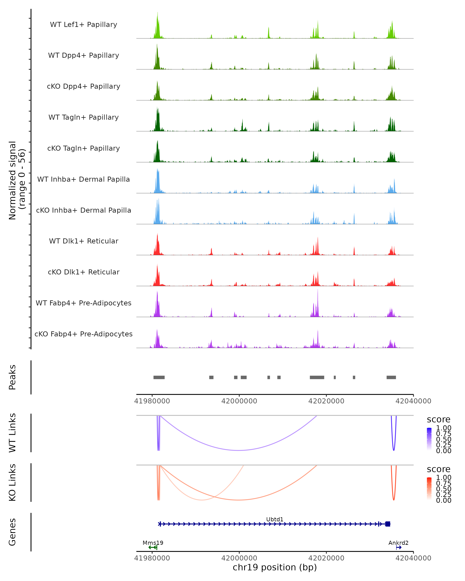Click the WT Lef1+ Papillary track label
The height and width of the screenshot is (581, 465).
click(84, 25)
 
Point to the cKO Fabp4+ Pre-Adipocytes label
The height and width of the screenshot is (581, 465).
click(84, 334)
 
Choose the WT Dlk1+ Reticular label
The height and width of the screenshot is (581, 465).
click(84, 241)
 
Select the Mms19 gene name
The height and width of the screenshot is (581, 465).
click(153, 543)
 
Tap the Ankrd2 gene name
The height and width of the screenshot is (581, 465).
click(398, 543)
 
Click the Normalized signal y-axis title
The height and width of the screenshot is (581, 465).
click(17, 180)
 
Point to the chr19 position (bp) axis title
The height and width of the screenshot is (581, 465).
click(275, 567)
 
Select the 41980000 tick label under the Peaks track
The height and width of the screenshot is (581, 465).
click(152, 401)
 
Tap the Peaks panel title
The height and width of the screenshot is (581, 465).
click(12, 377)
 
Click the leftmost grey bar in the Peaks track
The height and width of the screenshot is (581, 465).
click(159, 377)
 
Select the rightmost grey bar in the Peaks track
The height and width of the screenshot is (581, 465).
click(391, 377)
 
